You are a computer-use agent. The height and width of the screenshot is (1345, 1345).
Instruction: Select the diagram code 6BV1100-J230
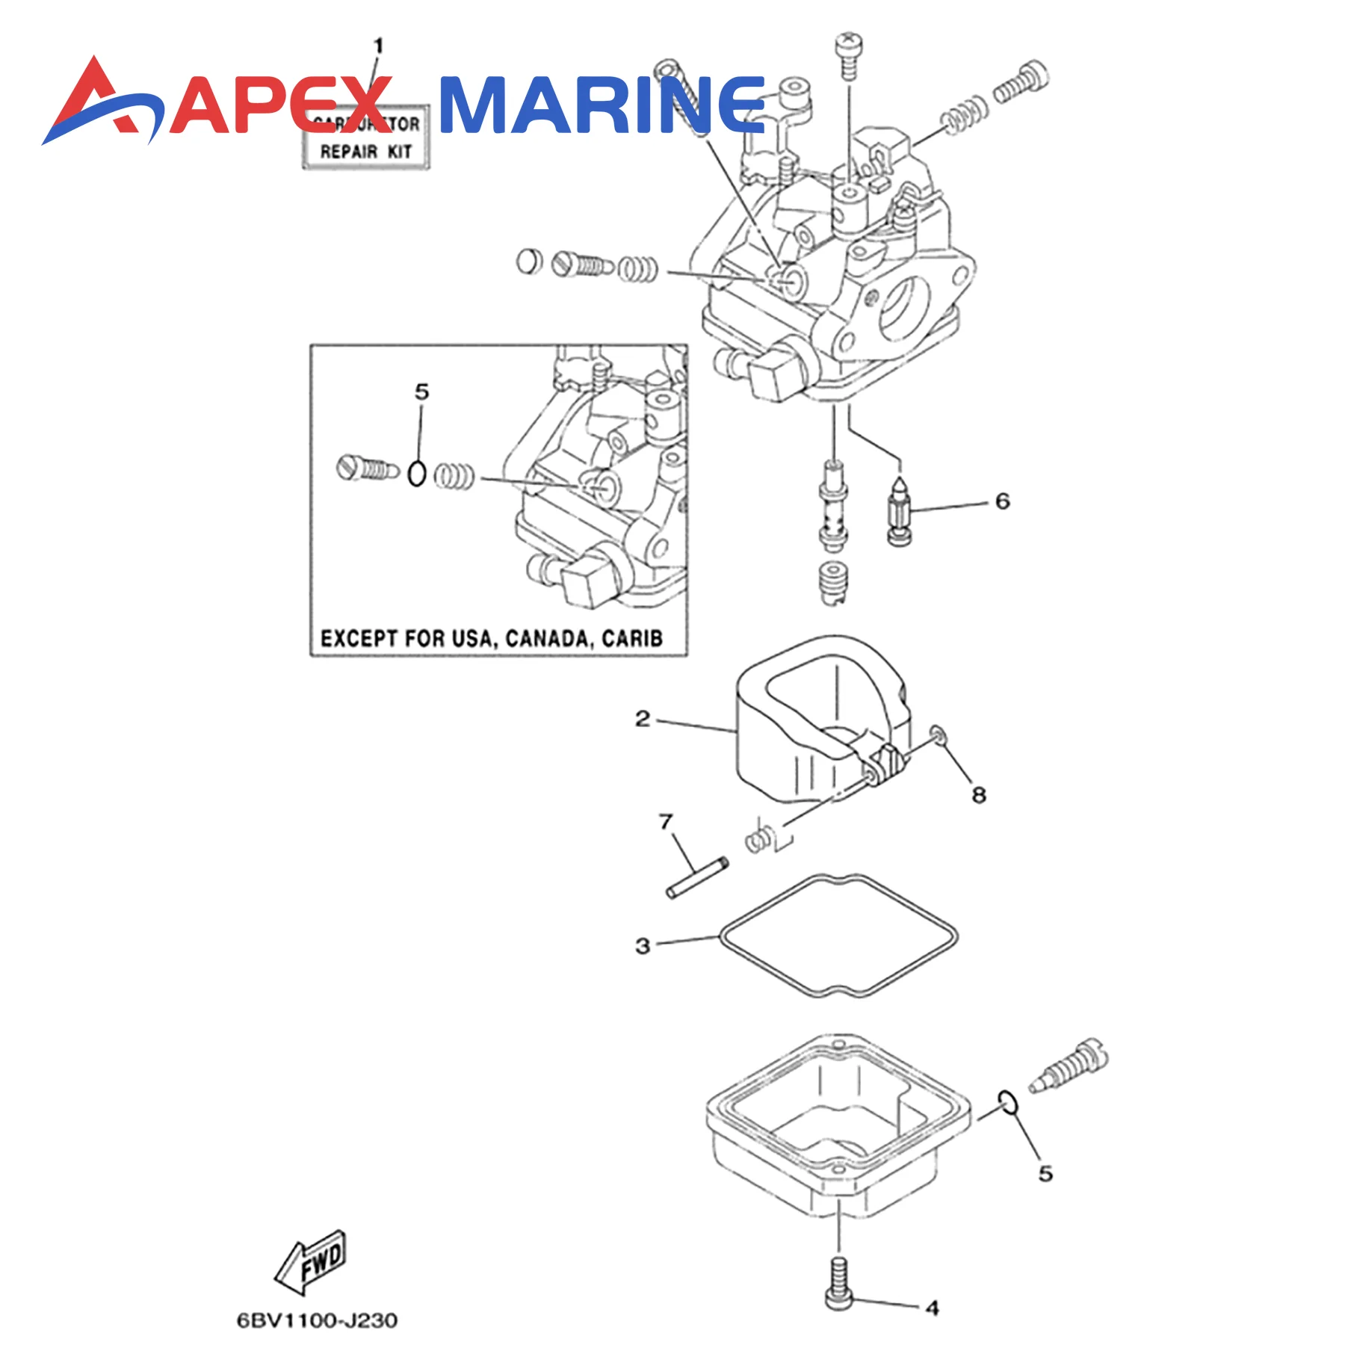tap(317, 1320)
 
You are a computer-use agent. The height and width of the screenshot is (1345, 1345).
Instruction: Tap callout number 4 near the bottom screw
tap(932, 1308)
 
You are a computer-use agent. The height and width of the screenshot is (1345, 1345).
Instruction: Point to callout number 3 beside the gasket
tap(643, 945)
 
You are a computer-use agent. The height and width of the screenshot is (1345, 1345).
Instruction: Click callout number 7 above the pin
tap(666, 821)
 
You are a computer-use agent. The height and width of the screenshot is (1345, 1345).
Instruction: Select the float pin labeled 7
tap(696, 878)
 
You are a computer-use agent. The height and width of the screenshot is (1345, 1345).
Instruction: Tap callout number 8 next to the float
tap(979, 794)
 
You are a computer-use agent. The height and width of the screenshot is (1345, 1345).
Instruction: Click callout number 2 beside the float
tap(643, 719)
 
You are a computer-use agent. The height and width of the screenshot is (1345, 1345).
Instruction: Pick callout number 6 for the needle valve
tap(1002, 501)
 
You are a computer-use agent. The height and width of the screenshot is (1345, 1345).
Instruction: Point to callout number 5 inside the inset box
tap(422, 392)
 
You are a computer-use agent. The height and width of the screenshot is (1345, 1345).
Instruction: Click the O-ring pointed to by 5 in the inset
tap(418, 474)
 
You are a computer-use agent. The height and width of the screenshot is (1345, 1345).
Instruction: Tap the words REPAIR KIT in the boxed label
tap(366, 152)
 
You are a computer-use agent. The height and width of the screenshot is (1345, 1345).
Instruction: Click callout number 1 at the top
tap(378, 46)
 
